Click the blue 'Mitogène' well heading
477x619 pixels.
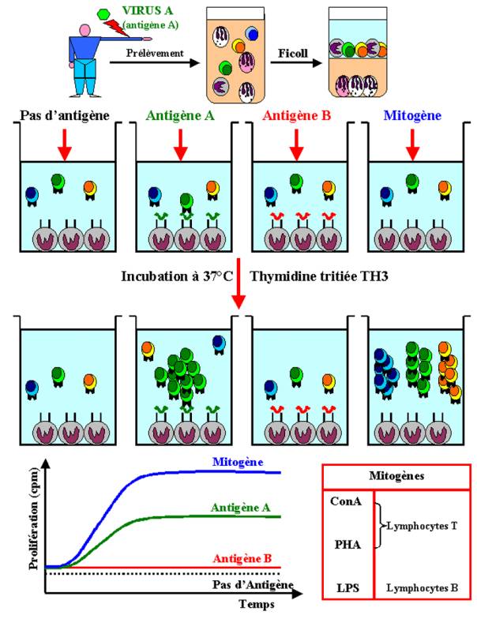pos(410,117)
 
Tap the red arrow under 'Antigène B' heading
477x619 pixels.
pos(295,143)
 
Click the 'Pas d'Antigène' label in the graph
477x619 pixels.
pos(253,585)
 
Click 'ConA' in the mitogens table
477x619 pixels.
pos(346,500)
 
